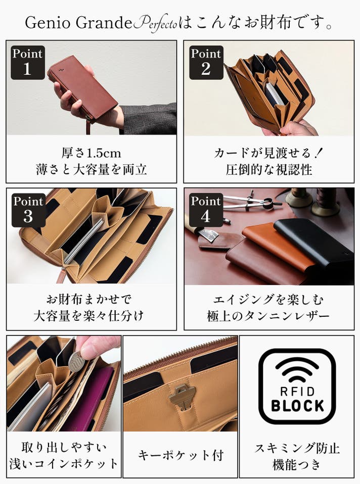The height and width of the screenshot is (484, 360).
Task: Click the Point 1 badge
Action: (28, 63)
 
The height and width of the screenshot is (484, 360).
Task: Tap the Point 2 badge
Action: (206, 63)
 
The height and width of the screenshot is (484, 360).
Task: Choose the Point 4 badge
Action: (206, 210)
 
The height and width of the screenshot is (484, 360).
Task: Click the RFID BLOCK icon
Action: (297, 386)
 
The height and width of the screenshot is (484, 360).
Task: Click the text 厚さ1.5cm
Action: (91, 153)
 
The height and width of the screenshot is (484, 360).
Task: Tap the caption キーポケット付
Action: (181, 455)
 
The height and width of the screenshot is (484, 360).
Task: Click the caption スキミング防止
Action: (297, 448)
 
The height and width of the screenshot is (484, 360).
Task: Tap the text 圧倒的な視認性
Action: (269, 169)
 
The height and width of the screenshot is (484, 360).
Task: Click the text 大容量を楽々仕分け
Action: (88, 316)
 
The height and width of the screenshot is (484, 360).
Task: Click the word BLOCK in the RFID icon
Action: (298, 406)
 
